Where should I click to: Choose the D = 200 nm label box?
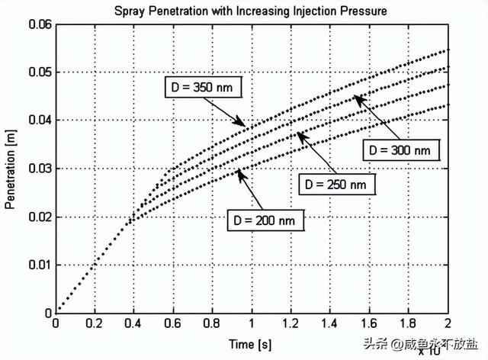(265, 220)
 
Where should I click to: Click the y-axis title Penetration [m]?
(11, 168)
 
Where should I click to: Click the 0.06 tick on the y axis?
(37, 24)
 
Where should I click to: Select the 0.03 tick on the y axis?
(37, 169)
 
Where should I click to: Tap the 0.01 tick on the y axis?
(37, 265)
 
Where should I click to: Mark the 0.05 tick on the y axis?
(37, 72)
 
